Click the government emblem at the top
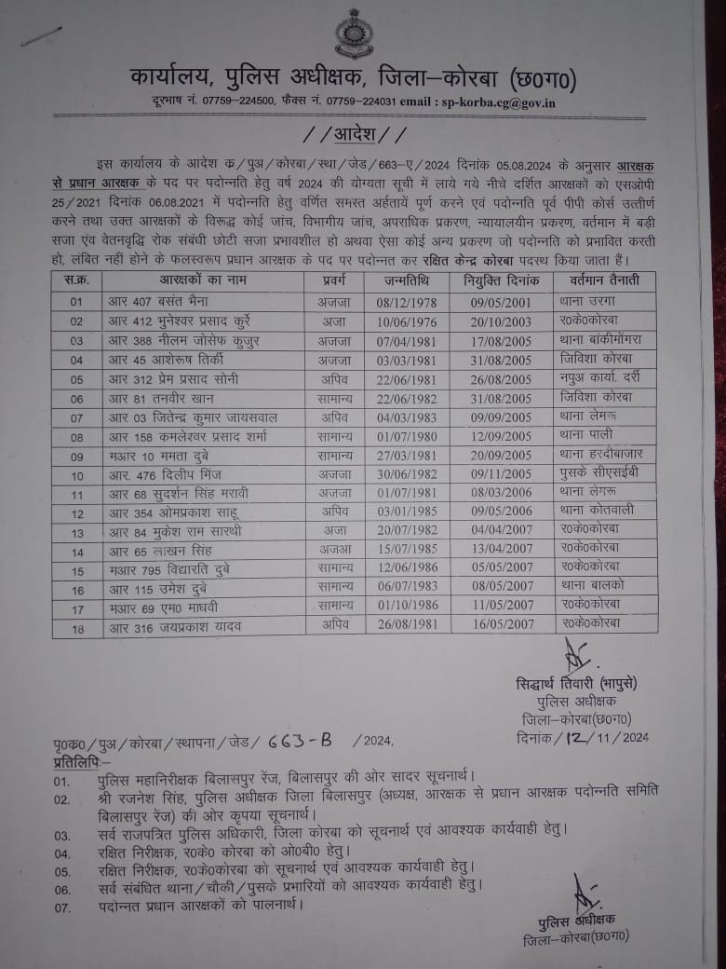(x=354, y=34)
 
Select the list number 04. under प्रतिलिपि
(x=62, y=853)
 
